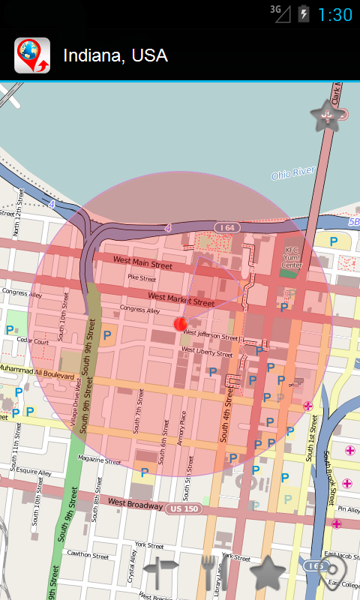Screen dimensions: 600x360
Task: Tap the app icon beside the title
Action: point(32,55)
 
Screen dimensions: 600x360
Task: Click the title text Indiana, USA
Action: point(115,55)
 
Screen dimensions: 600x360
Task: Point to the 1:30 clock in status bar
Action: point(335,14)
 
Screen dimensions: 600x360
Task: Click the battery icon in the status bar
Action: point(304,13)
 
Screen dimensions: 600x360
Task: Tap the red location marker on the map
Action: point(180,323)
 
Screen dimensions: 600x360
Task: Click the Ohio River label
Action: point(293,174)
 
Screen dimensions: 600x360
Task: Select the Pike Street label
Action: point(142,277)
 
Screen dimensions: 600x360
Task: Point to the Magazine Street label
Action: point(99,460)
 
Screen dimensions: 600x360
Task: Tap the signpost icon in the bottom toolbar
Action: point(161,574)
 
